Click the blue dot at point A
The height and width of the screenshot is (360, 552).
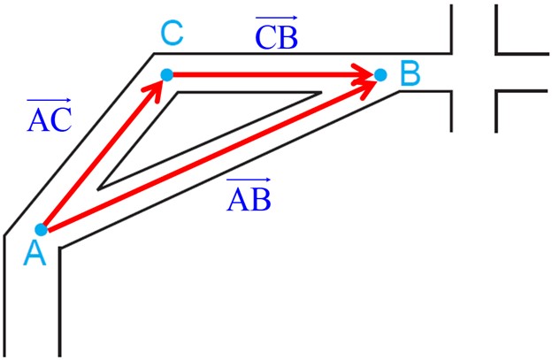[x=42, y=230]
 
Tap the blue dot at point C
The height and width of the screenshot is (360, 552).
[x=167, y=75]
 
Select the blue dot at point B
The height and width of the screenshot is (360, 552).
[x=380, y=75]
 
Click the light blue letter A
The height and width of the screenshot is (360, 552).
[x=34, y=254]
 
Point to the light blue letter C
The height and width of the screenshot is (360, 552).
[x=172, y=34]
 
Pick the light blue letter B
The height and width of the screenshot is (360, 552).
[x=410, y=73]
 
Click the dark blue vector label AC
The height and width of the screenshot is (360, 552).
[x=50, y=116]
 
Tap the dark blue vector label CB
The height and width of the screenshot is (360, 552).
[x=277, y=33]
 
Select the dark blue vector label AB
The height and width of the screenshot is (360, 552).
[x=249, y=195]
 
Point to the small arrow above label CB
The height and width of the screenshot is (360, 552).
[x=277, y=17]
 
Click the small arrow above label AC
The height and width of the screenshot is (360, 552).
[x=49, y=101]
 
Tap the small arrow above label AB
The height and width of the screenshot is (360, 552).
[x=249, y=180]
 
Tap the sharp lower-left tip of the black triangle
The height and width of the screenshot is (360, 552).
[x=98, y=189]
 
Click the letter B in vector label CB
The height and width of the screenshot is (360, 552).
[x=288, y=38]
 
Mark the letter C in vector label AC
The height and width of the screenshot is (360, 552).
[x=61, y=120]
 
